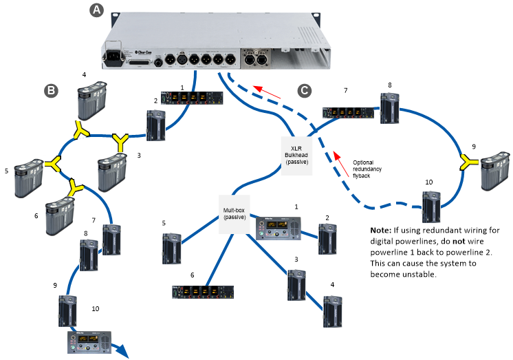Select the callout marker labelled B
(50, 90)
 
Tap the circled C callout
(304, 89)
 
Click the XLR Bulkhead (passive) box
(296, 156)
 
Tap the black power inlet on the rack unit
(113, 56)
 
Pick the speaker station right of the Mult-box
(279, 229)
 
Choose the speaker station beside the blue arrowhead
(89, 342)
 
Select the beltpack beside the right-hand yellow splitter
(495, 171)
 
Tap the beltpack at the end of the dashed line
(431, 207)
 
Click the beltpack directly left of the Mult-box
(171, 248)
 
